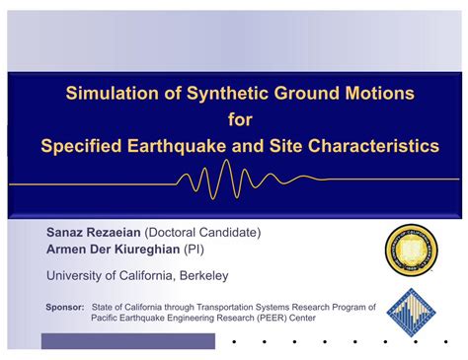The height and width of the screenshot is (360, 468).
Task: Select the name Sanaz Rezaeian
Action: pos(94,232)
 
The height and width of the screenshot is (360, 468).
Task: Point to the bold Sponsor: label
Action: pos(65,307)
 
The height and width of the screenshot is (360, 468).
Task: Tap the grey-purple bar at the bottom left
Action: pos(128,341)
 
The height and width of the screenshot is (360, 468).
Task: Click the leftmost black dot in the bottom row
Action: pos(234,342)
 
